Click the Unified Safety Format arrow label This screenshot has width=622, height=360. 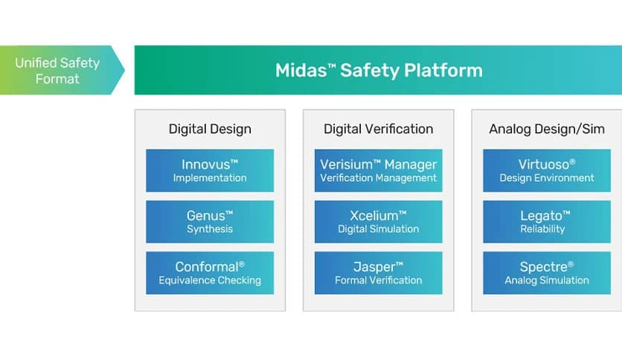pos(57,71)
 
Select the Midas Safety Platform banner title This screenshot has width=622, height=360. pos(379,71)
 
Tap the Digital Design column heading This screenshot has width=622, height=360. pos(210,129)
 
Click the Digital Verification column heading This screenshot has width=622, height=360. pos(378,129)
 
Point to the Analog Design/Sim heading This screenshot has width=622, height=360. pos(547,129)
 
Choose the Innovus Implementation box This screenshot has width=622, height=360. pos(210,170)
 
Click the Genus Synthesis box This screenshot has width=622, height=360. pos(210,222)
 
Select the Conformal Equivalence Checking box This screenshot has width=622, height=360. pos(210,273)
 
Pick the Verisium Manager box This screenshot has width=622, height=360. pos(378,170)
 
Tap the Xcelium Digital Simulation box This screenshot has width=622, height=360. pos(378,222)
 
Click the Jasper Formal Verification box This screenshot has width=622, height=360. pos(378,273)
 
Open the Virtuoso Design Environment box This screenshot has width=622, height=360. pos(547,170)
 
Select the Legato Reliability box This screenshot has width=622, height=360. pos(547,222)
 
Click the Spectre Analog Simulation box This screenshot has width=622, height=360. pos(547,273)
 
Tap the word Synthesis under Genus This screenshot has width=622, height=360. pos(210,229)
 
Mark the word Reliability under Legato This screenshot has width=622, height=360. pos(547,229)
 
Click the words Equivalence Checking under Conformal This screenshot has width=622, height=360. pos(210,280)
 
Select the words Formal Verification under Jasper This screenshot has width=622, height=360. pos(378,280)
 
